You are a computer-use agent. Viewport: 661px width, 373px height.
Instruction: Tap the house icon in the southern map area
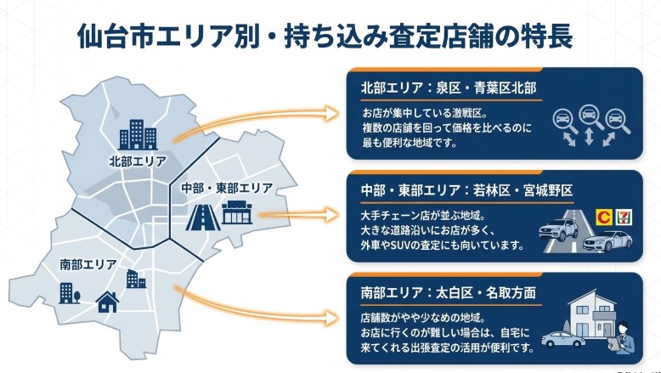(108, 301)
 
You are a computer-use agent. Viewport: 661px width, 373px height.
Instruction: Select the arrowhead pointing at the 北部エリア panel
(334, 111)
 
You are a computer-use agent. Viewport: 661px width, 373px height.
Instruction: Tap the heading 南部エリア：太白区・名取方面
(449, 295)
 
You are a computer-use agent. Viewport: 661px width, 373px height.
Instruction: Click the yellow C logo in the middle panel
(605, 217)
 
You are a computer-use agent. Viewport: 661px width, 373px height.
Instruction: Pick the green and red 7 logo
(627, 217)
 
